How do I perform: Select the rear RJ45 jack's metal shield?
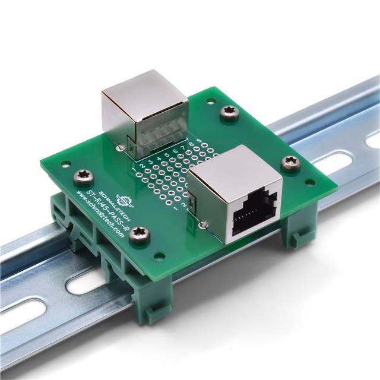[x=142, y=110]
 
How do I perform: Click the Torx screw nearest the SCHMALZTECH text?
[x=81, y=175]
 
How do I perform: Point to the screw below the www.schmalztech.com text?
[x=140, y=235]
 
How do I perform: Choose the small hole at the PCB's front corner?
[x=160, y=256]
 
